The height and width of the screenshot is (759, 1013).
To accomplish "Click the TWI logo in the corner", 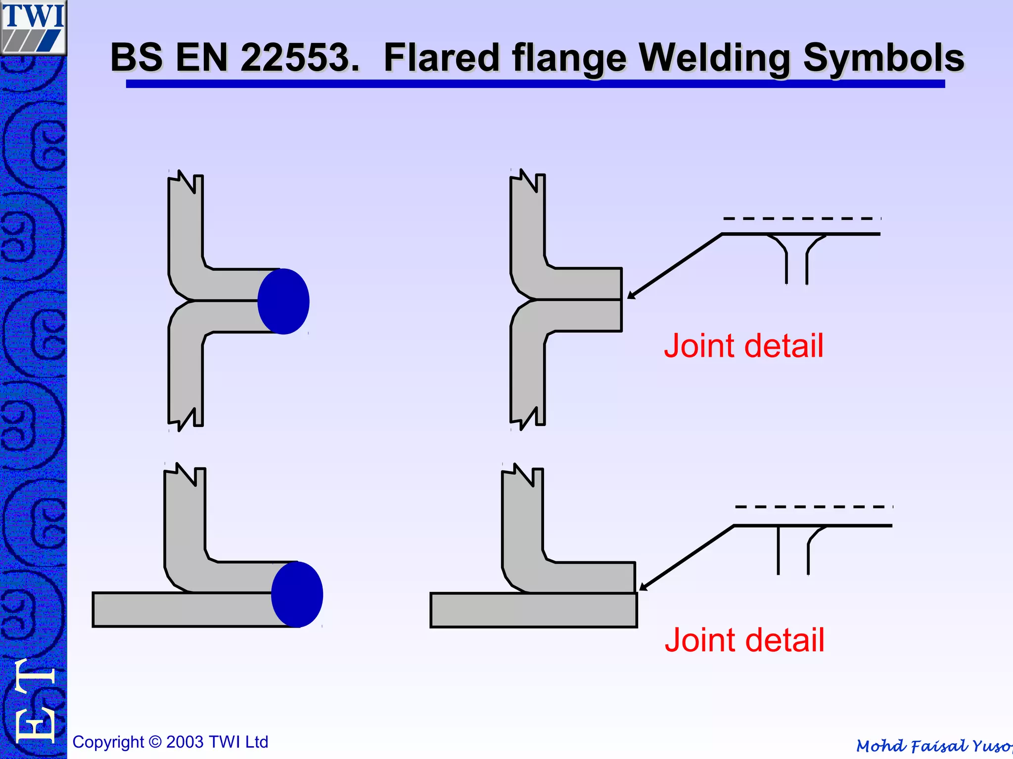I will coord(33,27).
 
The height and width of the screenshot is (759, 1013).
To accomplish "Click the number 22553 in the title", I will coord(300,58).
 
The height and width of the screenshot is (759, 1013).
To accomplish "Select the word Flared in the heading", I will coord(442,58).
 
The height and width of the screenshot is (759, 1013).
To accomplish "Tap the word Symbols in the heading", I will coord(883,58).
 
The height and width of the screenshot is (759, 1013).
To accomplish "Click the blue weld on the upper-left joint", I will coord(283,301).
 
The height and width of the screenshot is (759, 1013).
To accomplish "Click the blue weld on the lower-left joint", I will coord(297,594).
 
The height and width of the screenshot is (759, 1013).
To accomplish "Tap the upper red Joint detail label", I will coord(743,345).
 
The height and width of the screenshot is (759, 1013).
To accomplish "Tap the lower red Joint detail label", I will coord(744,640).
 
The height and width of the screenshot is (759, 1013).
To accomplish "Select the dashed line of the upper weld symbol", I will coord(801,218).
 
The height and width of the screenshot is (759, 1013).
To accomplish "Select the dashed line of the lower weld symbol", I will coord(814,507).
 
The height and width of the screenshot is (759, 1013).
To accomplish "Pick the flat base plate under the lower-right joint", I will coord(534,610).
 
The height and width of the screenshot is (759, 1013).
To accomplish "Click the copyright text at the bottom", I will coord(170,742).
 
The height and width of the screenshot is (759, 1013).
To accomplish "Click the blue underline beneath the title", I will coord(535,84).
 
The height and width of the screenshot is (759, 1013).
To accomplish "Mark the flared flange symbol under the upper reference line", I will coord(796,259).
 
